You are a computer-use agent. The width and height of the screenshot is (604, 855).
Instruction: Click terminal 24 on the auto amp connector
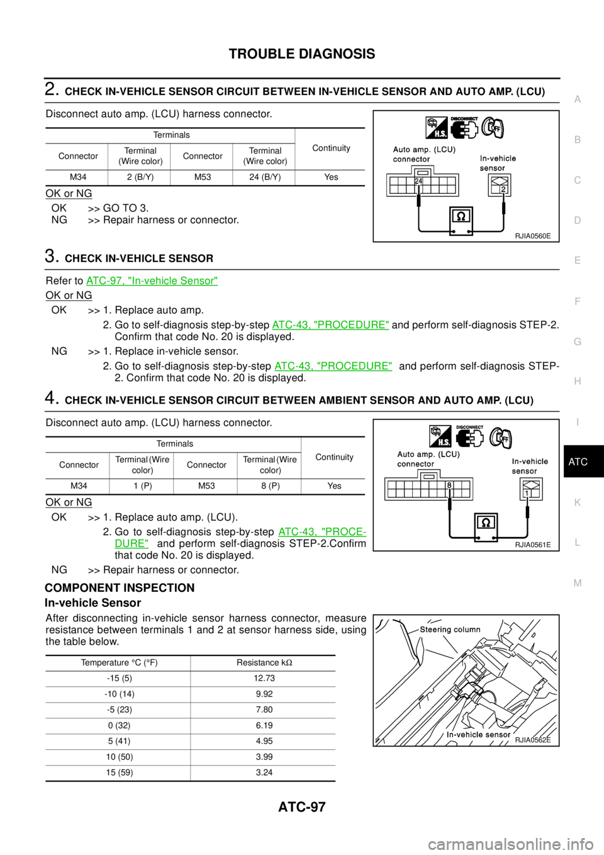(418, 181)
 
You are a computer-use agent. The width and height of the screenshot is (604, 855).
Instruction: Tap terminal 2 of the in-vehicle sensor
(503, 190)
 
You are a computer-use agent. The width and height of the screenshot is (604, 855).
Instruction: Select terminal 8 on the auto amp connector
(449, 485)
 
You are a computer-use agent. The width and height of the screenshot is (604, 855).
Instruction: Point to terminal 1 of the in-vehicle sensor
(527, 494)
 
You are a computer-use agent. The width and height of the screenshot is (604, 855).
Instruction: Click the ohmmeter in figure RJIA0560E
(461, 221)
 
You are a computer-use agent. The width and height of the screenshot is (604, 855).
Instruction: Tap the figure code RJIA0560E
(532, 236)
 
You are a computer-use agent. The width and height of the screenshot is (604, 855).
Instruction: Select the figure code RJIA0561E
(532, 545)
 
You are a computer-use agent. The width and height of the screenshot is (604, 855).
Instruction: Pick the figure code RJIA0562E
(532, 740)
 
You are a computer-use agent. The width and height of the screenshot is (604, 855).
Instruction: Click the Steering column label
(450, 630)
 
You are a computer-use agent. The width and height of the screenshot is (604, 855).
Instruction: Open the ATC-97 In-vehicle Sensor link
(152, 281)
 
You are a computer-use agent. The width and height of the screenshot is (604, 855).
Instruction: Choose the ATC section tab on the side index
(578, 462)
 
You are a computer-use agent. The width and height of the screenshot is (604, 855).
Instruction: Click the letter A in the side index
(578, 99)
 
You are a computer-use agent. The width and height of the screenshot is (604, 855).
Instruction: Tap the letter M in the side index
(578, 583)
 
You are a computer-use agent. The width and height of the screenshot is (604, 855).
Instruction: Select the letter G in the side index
(578, 341)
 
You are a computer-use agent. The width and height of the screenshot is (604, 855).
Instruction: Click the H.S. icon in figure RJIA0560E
(437, 128)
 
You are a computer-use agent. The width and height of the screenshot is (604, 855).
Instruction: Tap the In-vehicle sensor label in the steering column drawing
(478, 734)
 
